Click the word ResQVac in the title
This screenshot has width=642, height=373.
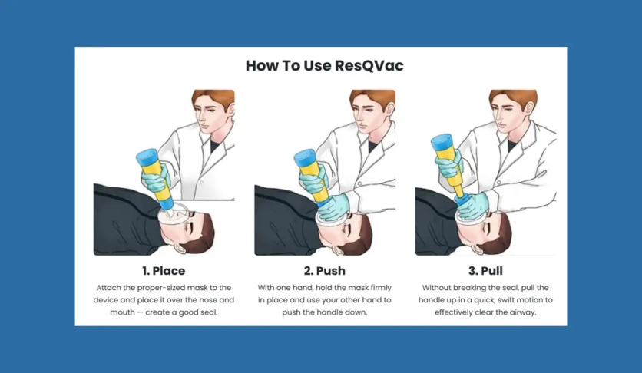(369, 66)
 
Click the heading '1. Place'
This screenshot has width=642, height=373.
(164, 271)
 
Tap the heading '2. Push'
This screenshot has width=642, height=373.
(325, 271)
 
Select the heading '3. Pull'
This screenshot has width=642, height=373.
(485, 271)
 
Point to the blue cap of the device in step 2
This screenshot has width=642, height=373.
(305, 158)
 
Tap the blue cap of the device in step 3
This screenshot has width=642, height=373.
(442, 142)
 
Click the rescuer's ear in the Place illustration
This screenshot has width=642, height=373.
(230, 110)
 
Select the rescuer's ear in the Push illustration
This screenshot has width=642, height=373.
(390, 110)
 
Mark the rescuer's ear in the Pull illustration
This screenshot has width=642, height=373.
(532, 110)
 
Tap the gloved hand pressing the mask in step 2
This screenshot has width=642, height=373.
(334, 206)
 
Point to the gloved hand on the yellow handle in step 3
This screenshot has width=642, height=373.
(449, 167)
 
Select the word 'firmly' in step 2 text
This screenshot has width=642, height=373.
(381, 288)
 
